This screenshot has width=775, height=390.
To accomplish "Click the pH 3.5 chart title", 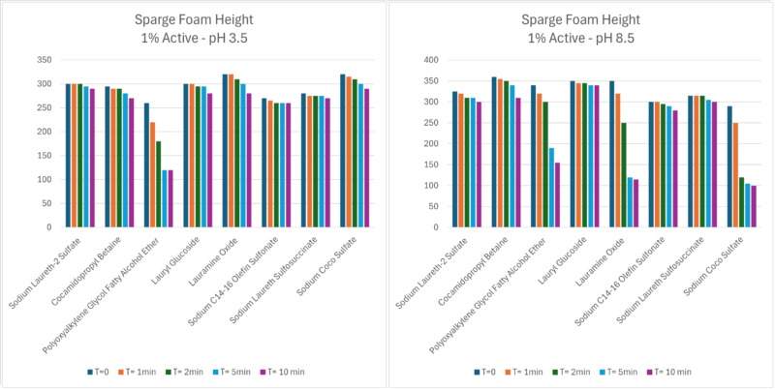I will point(194,28).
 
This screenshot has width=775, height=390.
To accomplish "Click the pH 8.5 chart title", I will point(581,28).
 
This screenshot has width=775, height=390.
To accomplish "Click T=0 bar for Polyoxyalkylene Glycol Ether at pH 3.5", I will point(146,165).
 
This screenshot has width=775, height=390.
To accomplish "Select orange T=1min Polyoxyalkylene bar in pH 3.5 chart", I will point(152,175).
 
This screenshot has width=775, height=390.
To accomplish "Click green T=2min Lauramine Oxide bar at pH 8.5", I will point(624,176).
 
